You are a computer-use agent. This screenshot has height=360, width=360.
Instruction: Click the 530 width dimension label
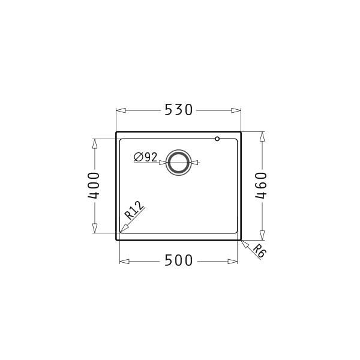coord(178,110)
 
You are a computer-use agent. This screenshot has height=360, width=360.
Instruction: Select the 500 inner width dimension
coord(178,260)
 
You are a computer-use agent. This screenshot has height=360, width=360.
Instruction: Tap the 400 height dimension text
coord(94,185)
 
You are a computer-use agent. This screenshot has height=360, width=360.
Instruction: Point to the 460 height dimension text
coord(261,185)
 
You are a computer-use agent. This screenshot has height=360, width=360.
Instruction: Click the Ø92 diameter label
coord(146,157)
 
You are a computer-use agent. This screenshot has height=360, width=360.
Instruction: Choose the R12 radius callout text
coord(134,210)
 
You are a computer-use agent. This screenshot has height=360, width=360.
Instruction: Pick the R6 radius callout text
coord(259,251)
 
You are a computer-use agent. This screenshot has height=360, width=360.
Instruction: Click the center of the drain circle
coord(178,163)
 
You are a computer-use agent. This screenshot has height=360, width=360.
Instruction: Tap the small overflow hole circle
coord(217,139)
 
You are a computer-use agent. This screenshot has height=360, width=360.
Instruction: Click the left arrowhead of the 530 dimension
coord(121,110)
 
